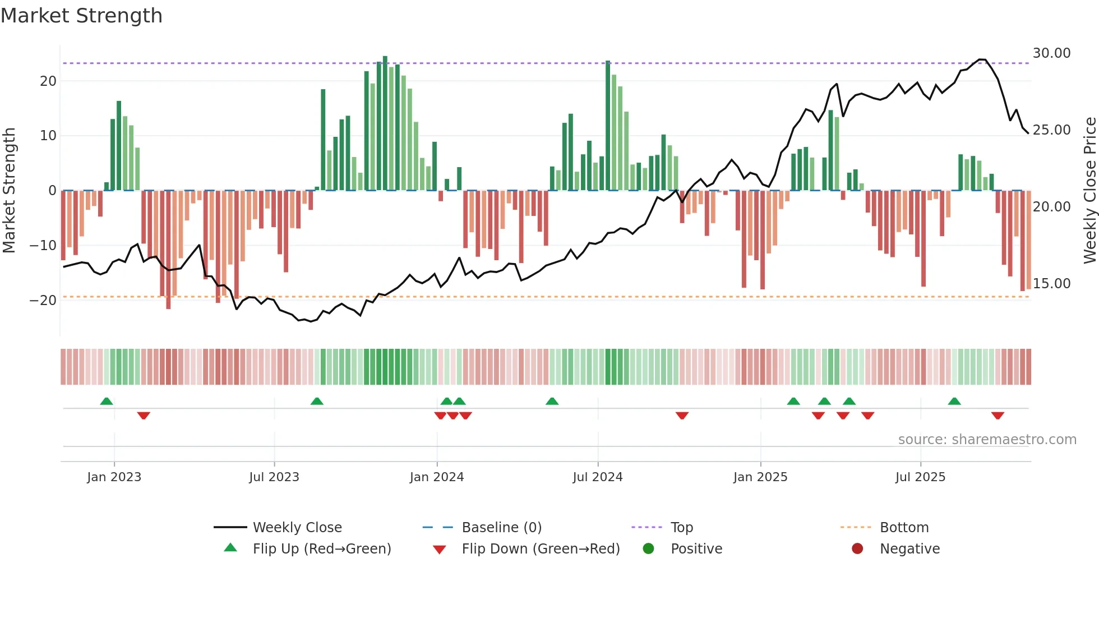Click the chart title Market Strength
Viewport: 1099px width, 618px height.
tap(81, 16)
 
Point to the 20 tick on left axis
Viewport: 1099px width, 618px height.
tap(48, 81)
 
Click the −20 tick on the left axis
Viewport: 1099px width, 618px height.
tap(43, 301)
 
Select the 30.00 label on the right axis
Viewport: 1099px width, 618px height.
tap(1051, 53)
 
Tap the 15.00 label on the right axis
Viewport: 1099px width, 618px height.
tap(1051, 284)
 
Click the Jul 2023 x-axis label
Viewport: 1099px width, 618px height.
tap(274, 477)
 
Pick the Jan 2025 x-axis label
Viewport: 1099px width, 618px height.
tap(760, 477)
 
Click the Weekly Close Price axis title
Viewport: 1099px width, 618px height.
tap(1089, 191)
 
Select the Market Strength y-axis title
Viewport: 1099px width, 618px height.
tap(9, 191)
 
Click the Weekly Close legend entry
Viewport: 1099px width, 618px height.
tap(297, 528)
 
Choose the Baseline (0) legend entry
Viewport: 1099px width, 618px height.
tap(501, 528)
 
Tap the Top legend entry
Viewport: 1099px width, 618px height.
tap(681, 528)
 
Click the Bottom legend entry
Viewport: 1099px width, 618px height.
tap(904, 528)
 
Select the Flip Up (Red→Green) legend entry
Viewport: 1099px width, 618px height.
tap(321, 549)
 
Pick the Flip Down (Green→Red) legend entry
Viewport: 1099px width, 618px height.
tap(540, 549)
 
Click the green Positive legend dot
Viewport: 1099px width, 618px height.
tap(648, 549)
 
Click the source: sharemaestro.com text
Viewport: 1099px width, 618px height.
tap(987, 440)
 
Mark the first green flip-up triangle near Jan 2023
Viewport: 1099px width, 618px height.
tap(107, 401)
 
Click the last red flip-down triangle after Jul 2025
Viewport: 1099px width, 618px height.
tap(998, 416)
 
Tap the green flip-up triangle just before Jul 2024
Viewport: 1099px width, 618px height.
tap(552, 401)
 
